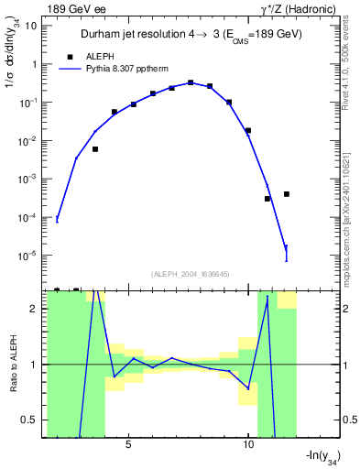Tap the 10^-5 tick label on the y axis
pos(27,255)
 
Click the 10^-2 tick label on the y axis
pos(27,140)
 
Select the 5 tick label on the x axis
pos(129,442)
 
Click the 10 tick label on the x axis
pos(248,442)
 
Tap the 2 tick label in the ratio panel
pos(34,309)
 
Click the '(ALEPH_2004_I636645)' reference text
pos(190,273)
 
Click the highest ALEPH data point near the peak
pos(191,82)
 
